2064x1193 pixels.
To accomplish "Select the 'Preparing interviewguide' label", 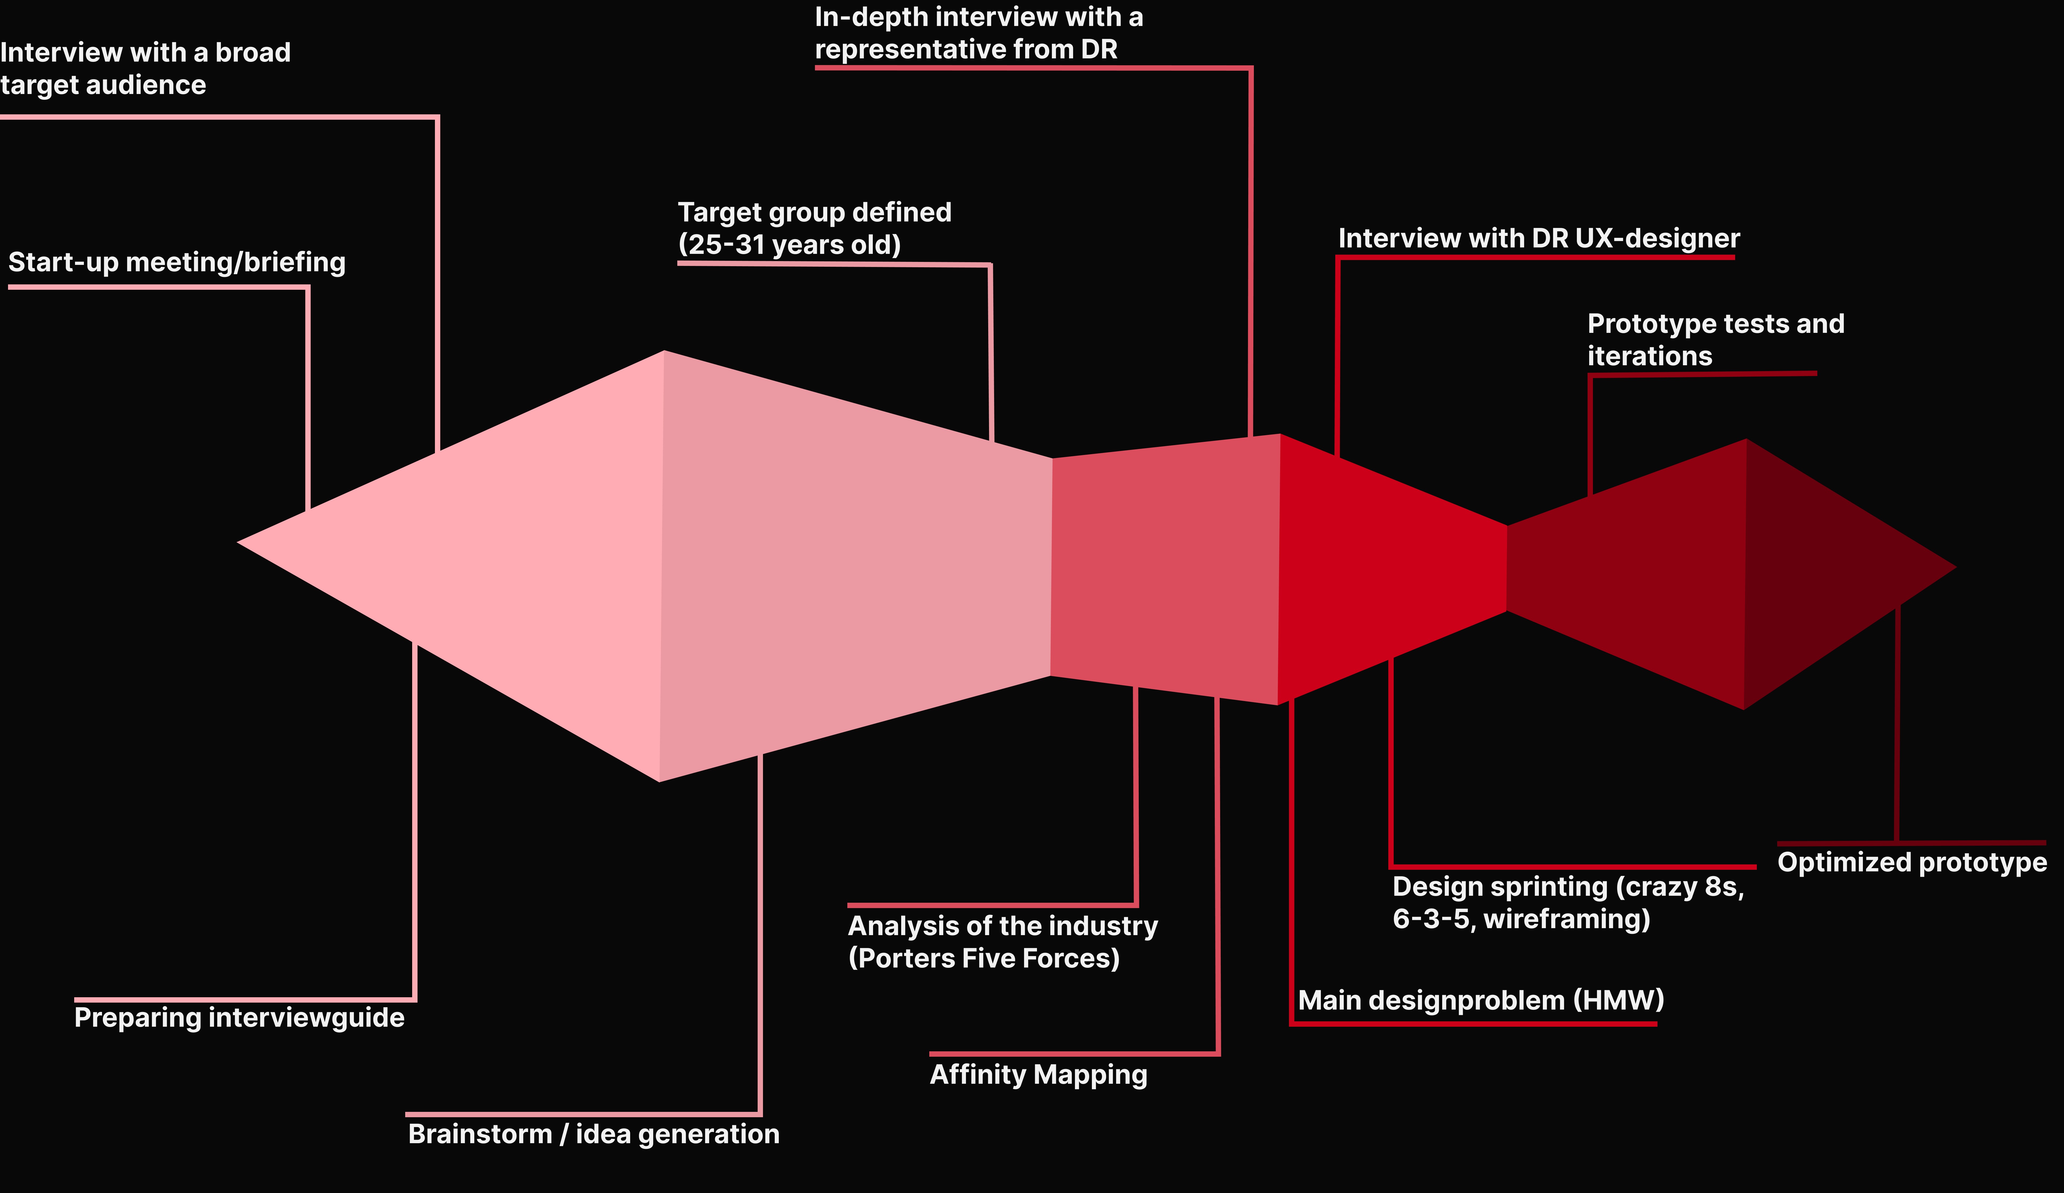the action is (239, 1018).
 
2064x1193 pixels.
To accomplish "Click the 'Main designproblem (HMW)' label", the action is (1481, 1000).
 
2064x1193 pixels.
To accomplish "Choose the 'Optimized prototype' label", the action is (1912, 862).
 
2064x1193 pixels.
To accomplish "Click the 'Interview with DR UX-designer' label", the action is (1538, 238).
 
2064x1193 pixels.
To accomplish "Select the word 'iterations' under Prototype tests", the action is (1649, 356).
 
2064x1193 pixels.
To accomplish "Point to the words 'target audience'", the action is (103, 85).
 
